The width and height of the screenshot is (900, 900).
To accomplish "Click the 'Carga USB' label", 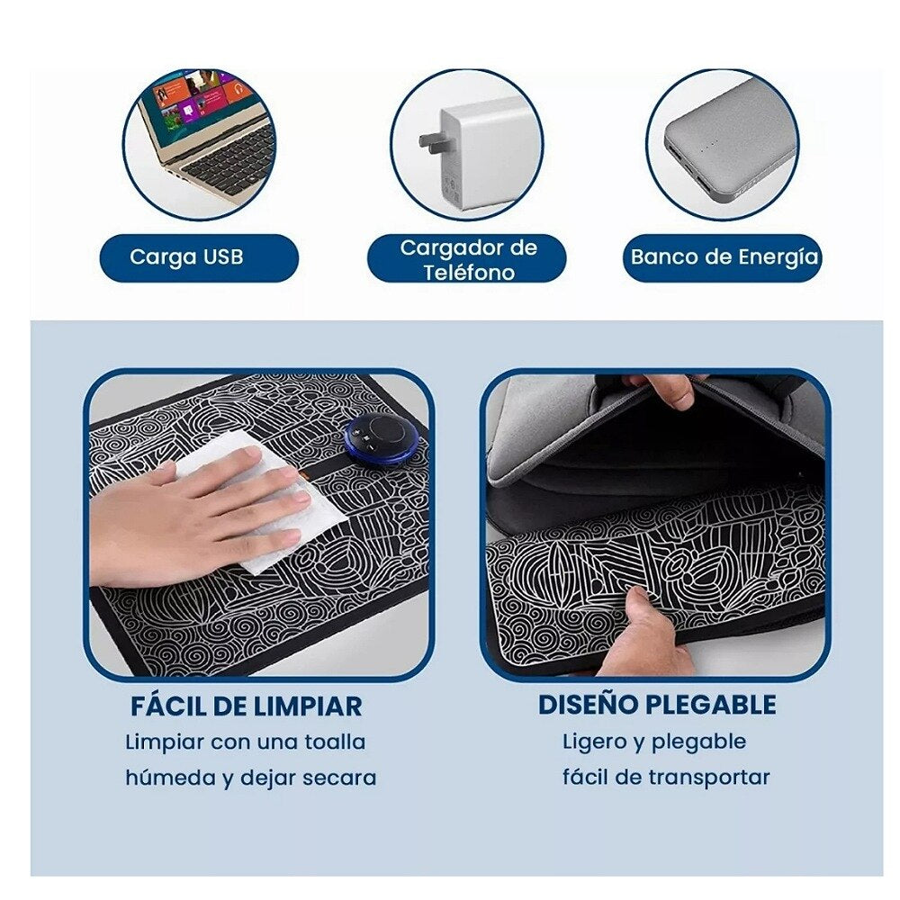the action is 186,256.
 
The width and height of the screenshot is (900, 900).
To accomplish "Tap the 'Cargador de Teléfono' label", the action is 468,259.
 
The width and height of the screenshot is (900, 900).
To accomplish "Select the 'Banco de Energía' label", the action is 724,257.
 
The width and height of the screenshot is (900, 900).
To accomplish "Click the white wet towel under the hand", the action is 258,499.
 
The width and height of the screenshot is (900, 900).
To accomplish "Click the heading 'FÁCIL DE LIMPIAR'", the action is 247,706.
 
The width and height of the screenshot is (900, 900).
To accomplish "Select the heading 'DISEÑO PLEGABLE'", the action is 657,705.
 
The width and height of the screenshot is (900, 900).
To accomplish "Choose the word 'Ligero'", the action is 595,742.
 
